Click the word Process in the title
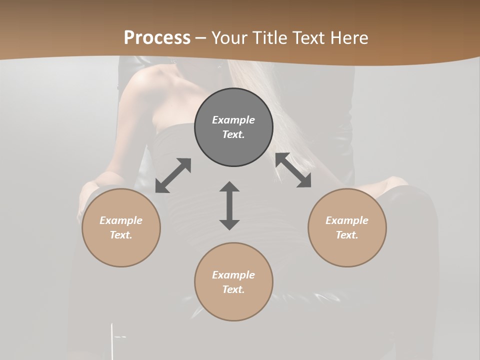tap(157, 38)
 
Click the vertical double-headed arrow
tap(229, 205)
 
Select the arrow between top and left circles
tap(173, 175)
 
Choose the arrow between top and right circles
tap(293, 170)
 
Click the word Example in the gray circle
tap(233, 120)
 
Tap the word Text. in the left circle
tap(121, 235)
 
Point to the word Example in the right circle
tap(347, 220)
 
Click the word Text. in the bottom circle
tap(233, 289)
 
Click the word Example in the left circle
tap(121, 220)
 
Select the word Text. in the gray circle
tap(233, 134)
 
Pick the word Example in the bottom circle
tap(233, 275)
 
